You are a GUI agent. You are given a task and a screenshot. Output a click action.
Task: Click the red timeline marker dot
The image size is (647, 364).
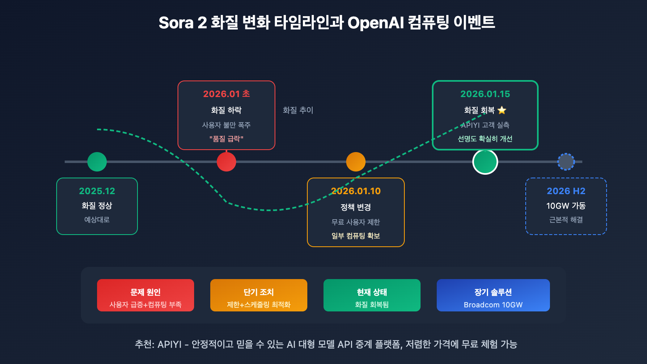pos(226,162)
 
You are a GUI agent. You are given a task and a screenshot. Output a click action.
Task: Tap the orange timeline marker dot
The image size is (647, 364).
pos(356,162)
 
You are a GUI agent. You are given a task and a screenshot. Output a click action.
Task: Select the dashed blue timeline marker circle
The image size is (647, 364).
pos(566,162)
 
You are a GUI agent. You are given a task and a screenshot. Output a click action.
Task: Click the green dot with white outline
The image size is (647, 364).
pos(485,162)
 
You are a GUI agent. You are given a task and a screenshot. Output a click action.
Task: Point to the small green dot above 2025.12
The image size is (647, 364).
pos(97,162)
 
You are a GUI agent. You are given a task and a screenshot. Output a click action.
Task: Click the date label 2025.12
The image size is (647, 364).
pos(97,191)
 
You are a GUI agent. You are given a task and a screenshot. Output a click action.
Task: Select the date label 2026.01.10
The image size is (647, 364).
pos(356,191)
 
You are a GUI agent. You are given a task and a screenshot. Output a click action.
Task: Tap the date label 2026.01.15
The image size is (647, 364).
pos(485,94)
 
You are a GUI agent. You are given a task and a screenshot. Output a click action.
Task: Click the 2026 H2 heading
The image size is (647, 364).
pos(566,191)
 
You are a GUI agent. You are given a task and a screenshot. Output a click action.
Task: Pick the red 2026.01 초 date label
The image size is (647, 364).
pos(226,94)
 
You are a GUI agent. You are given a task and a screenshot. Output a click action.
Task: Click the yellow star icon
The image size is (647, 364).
pos(502,110)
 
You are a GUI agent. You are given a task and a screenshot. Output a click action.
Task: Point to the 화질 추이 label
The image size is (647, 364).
pos(298,110)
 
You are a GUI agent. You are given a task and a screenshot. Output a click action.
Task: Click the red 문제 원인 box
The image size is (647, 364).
pos(146,295)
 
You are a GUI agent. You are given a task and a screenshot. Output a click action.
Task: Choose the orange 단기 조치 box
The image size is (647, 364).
pos(259,295)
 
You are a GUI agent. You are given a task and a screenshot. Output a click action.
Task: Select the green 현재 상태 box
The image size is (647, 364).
pos(372,295)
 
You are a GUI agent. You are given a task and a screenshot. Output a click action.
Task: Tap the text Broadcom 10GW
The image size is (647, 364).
pos(493,305)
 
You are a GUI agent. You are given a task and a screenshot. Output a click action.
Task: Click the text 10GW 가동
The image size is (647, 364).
pos(566,206)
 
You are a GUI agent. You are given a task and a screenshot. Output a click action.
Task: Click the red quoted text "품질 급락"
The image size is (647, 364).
pos(226,139)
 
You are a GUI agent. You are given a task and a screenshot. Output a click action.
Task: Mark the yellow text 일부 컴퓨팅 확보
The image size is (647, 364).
pos(356,236)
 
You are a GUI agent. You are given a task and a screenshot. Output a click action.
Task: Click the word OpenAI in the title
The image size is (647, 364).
pos(376,23)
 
